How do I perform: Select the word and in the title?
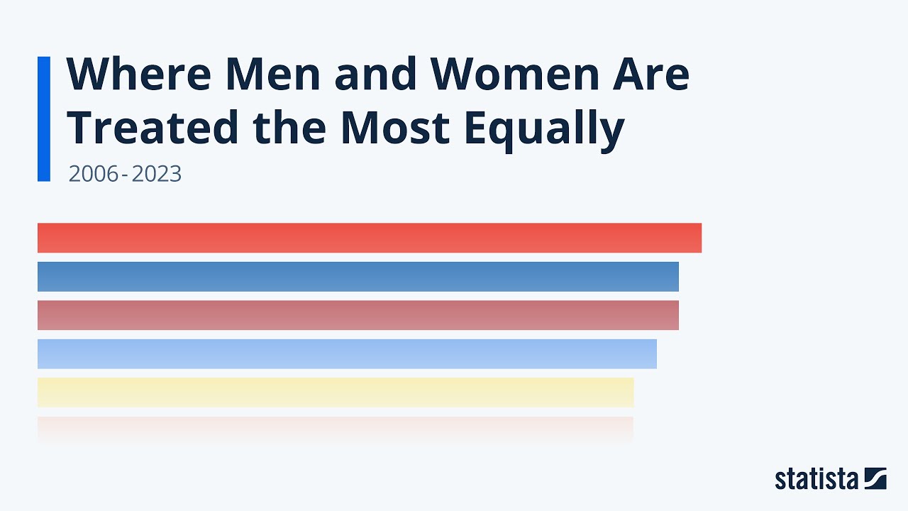(x=375, y=74)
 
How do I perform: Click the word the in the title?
(x=289, y=128)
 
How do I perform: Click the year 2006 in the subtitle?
(x=92, y=174)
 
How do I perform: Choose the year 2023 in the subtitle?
(x=156, y=174)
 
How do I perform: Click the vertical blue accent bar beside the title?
(x=44, y=119)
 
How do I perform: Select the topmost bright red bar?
(x=369, y=238)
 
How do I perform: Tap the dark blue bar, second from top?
(x=358, y=276)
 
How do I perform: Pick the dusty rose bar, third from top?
(x=358, y=315)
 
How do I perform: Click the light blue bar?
(x=347, y=353)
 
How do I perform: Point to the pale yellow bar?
(x=335, y=392)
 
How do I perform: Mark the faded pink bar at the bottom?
(x=335, y=430)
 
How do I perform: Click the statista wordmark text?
(x=816, y=479)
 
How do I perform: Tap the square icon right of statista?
(x=875, y=478)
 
